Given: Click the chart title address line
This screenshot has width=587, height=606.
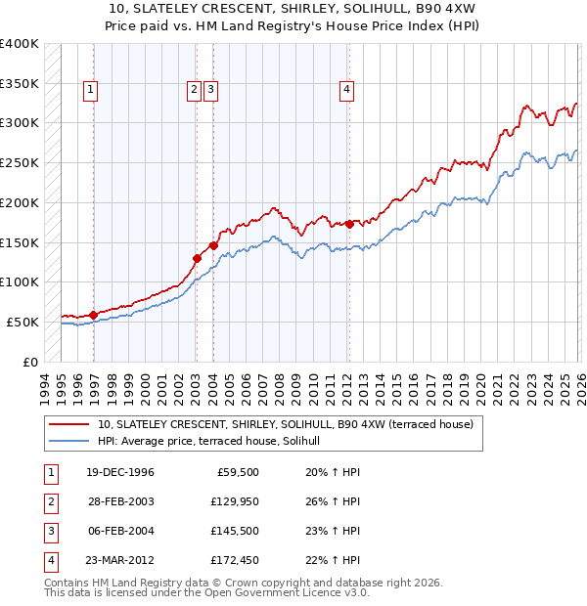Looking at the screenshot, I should tap(293, 9).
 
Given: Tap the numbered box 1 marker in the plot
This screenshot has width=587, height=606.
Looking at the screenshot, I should tap(90, 90).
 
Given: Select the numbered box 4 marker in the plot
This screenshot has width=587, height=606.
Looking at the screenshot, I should tap(346, 90).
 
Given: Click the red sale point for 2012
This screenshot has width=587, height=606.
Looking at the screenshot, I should tap(349, 224).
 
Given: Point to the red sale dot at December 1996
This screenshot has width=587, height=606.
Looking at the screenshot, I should tap(93, 315).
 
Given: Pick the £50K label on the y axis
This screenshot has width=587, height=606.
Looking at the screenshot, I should tap(23, 322).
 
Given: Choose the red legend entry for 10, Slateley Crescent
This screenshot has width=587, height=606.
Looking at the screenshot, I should tap(285, 424).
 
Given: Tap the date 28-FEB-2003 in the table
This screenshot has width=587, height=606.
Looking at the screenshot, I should tap(120, 501).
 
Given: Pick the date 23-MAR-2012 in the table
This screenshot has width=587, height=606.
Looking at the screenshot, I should tap(120, 560).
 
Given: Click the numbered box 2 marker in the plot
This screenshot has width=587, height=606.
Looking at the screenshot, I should tap(194, 90).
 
